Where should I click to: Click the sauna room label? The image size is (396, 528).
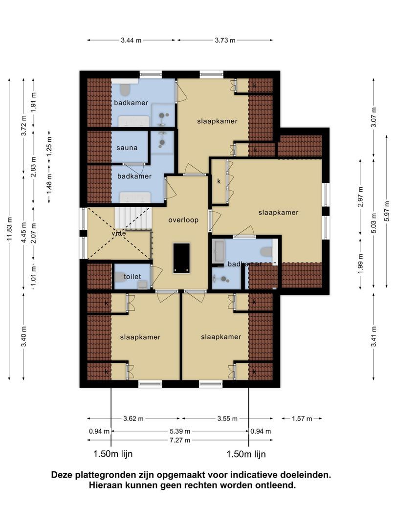pos(127,148)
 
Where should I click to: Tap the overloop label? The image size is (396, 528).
pos(183,220)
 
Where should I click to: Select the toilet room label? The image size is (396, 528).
pos(132,277)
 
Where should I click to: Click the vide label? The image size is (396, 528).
pos(118,234)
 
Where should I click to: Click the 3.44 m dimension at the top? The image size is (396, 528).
pos(131,41)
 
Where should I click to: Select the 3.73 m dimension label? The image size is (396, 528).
pos(225,41)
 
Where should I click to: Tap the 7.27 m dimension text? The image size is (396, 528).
pos(180,440)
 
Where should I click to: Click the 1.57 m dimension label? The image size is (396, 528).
pos(301,418)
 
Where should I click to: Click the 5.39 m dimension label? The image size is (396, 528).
pos(180,431)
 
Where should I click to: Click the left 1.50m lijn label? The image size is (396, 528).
pos(113,454)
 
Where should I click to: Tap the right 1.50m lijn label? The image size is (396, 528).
pos(246,454)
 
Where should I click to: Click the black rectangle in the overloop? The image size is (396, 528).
pos(180,258)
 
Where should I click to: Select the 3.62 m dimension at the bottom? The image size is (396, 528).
pos(133,418)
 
